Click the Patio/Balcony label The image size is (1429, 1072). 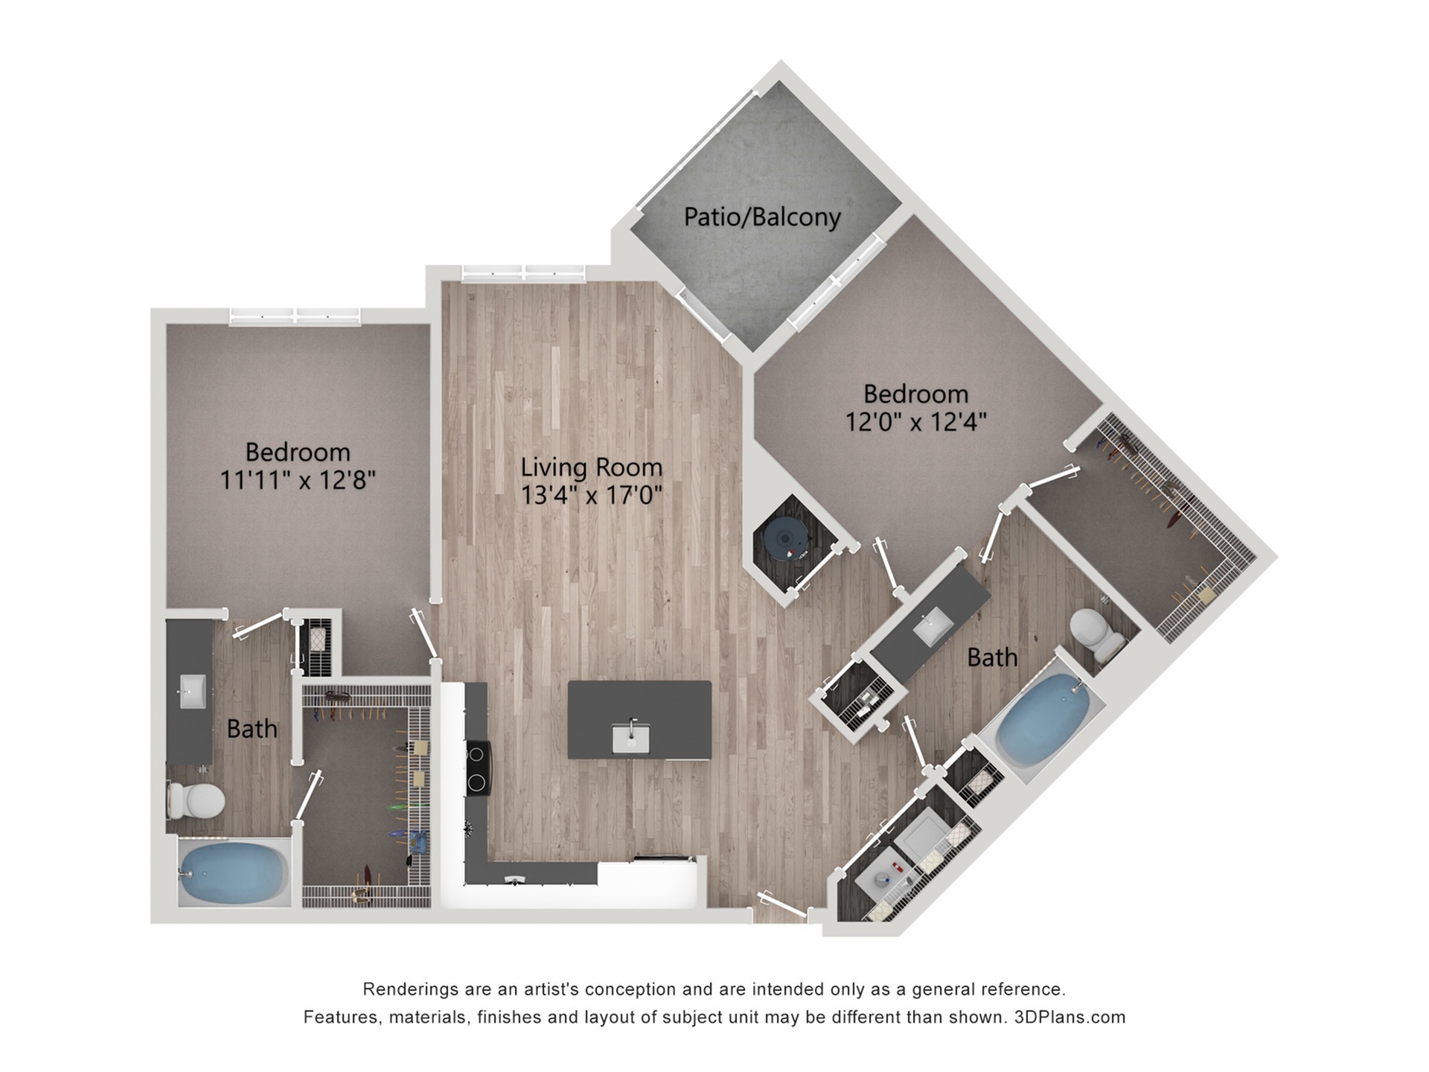[762, 217]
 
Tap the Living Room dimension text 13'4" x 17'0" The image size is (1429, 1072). [591, 495]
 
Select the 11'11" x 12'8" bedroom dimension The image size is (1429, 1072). [297, 480]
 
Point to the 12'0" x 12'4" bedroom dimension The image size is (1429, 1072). [915, 422]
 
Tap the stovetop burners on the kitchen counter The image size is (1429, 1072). [478, 768]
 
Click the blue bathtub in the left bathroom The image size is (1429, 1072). [234, 872]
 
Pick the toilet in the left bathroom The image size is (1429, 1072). [198, 800]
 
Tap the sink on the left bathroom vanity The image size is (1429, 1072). [193, 692]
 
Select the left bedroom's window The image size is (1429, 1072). [295, 316]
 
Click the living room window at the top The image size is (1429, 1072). [523, 273]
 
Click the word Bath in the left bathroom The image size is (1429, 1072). [252, 729]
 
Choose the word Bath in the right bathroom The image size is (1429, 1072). [991, 657]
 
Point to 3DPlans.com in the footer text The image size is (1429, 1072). [1070, 1017]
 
